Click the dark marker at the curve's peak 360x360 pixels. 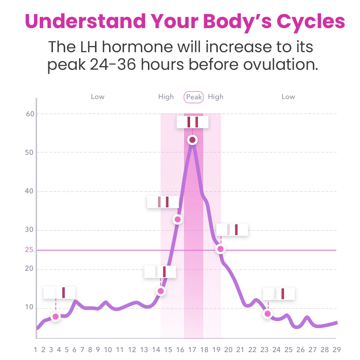pos(192,140)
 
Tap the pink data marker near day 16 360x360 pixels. pos(177,219)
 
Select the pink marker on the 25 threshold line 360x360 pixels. pos(220,249)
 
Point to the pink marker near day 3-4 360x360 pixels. pos(55,317)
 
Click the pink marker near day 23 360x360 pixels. pos(267,314)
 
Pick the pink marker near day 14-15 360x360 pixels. pos(161,291)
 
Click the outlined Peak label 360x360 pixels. pos(194,97)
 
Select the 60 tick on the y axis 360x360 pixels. pos(30,114)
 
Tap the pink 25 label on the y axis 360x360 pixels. pos(29,250)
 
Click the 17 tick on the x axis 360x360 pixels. pos(192,350)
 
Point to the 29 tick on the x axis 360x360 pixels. pos(336,350)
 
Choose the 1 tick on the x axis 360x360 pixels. pos(36,350)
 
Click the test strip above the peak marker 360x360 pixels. pos(193,122)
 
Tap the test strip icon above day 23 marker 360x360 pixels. pos(279,294)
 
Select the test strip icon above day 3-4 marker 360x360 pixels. pos(59,293)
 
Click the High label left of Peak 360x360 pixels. pos(166,97)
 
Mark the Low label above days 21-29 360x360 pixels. pos(288,97)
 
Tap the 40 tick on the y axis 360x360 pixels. pos(29,191)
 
